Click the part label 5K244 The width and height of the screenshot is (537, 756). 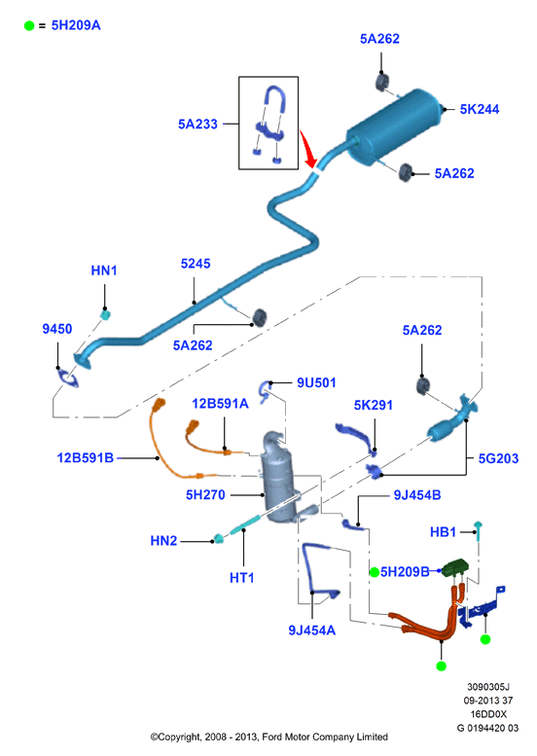[480, 109]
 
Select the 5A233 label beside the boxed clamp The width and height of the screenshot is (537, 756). [197, 125]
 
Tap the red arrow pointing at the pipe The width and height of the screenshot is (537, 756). [307, 149]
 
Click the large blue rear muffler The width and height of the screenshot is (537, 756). [394, 126]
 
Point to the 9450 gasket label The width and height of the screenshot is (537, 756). [56, 329]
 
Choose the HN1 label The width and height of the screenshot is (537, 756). [104, 270]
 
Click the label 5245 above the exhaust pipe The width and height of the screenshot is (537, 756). [196, 264]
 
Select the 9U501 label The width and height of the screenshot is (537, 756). [316, 382]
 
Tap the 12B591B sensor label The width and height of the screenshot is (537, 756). [85, 457]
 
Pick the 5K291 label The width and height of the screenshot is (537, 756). [374, 405]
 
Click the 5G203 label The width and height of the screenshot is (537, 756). [498, 458]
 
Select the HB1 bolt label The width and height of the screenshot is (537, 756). [443, 532]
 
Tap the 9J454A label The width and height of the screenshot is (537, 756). [311, 630]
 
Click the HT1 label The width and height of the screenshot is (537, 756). [241, 578]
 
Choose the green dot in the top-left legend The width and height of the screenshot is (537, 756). [29, 25]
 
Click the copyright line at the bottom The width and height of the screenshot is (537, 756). [268, 737]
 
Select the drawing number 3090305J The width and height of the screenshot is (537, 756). [487, 687]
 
